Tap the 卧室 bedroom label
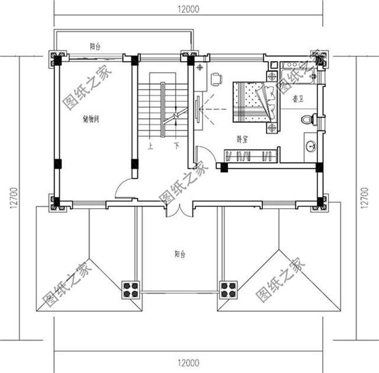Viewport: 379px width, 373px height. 242,139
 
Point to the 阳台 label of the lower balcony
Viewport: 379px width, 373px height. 180,254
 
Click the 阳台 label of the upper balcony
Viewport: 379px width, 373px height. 94,46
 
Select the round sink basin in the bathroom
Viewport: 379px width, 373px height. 310,145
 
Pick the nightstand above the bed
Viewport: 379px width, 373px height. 272,76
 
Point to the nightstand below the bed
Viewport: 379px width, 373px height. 272,126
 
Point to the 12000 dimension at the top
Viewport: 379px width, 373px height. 188,8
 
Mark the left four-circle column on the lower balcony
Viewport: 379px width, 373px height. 130,290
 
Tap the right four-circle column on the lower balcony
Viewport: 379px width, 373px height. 228,290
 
